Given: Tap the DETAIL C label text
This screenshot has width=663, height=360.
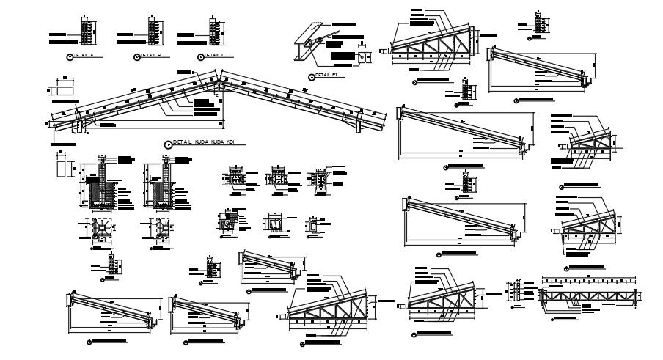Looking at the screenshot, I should pyautogui.click(x=214, y=56).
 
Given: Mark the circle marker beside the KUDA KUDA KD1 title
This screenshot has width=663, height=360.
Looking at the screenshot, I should pyautogui.click(x=168, y=144).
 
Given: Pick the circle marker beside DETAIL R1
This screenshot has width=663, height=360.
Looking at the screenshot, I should pyautogui.click(x=310, y=76).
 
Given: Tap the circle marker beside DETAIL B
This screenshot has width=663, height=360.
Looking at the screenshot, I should pyautogui.click(x=136, y=56).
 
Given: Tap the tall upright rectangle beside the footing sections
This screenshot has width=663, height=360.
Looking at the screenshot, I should pyautogui.click(x=62, y=167).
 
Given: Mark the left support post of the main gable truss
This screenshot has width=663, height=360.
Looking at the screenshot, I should pyautogui.click(x=78, y=125).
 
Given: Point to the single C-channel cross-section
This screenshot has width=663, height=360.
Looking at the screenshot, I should pyautogui.click(x=313, y=226).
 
